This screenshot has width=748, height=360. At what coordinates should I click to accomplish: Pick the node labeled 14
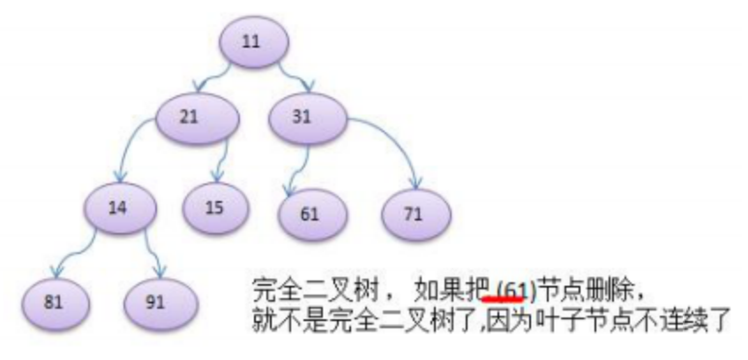point(122,209)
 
